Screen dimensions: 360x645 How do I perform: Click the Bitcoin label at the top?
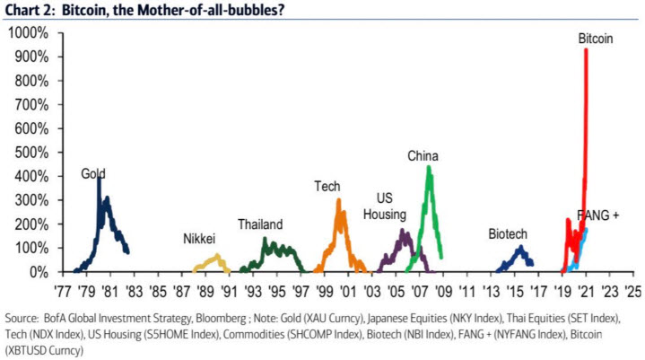[x=596, y=39]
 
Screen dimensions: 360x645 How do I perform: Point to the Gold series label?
[x=93, y=173]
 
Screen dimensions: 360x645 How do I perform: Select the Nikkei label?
[x=199, y=240]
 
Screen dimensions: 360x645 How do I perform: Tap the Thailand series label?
[x=260, y=224]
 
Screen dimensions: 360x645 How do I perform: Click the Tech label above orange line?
[x=327, y=186]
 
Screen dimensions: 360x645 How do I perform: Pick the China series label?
[x=423, y=156]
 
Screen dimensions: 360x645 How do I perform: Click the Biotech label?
[x=508, y=233]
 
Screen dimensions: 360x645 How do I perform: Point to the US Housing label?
[x=385, y=206]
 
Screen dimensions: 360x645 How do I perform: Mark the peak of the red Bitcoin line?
[x=586, y=50]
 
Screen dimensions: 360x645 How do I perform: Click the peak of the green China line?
[x=429, y=167]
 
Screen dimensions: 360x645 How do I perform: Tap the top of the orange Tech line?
[x=338, y=200]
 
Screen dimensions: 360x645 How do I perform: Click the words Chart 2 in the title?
[x=31, y=10]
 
